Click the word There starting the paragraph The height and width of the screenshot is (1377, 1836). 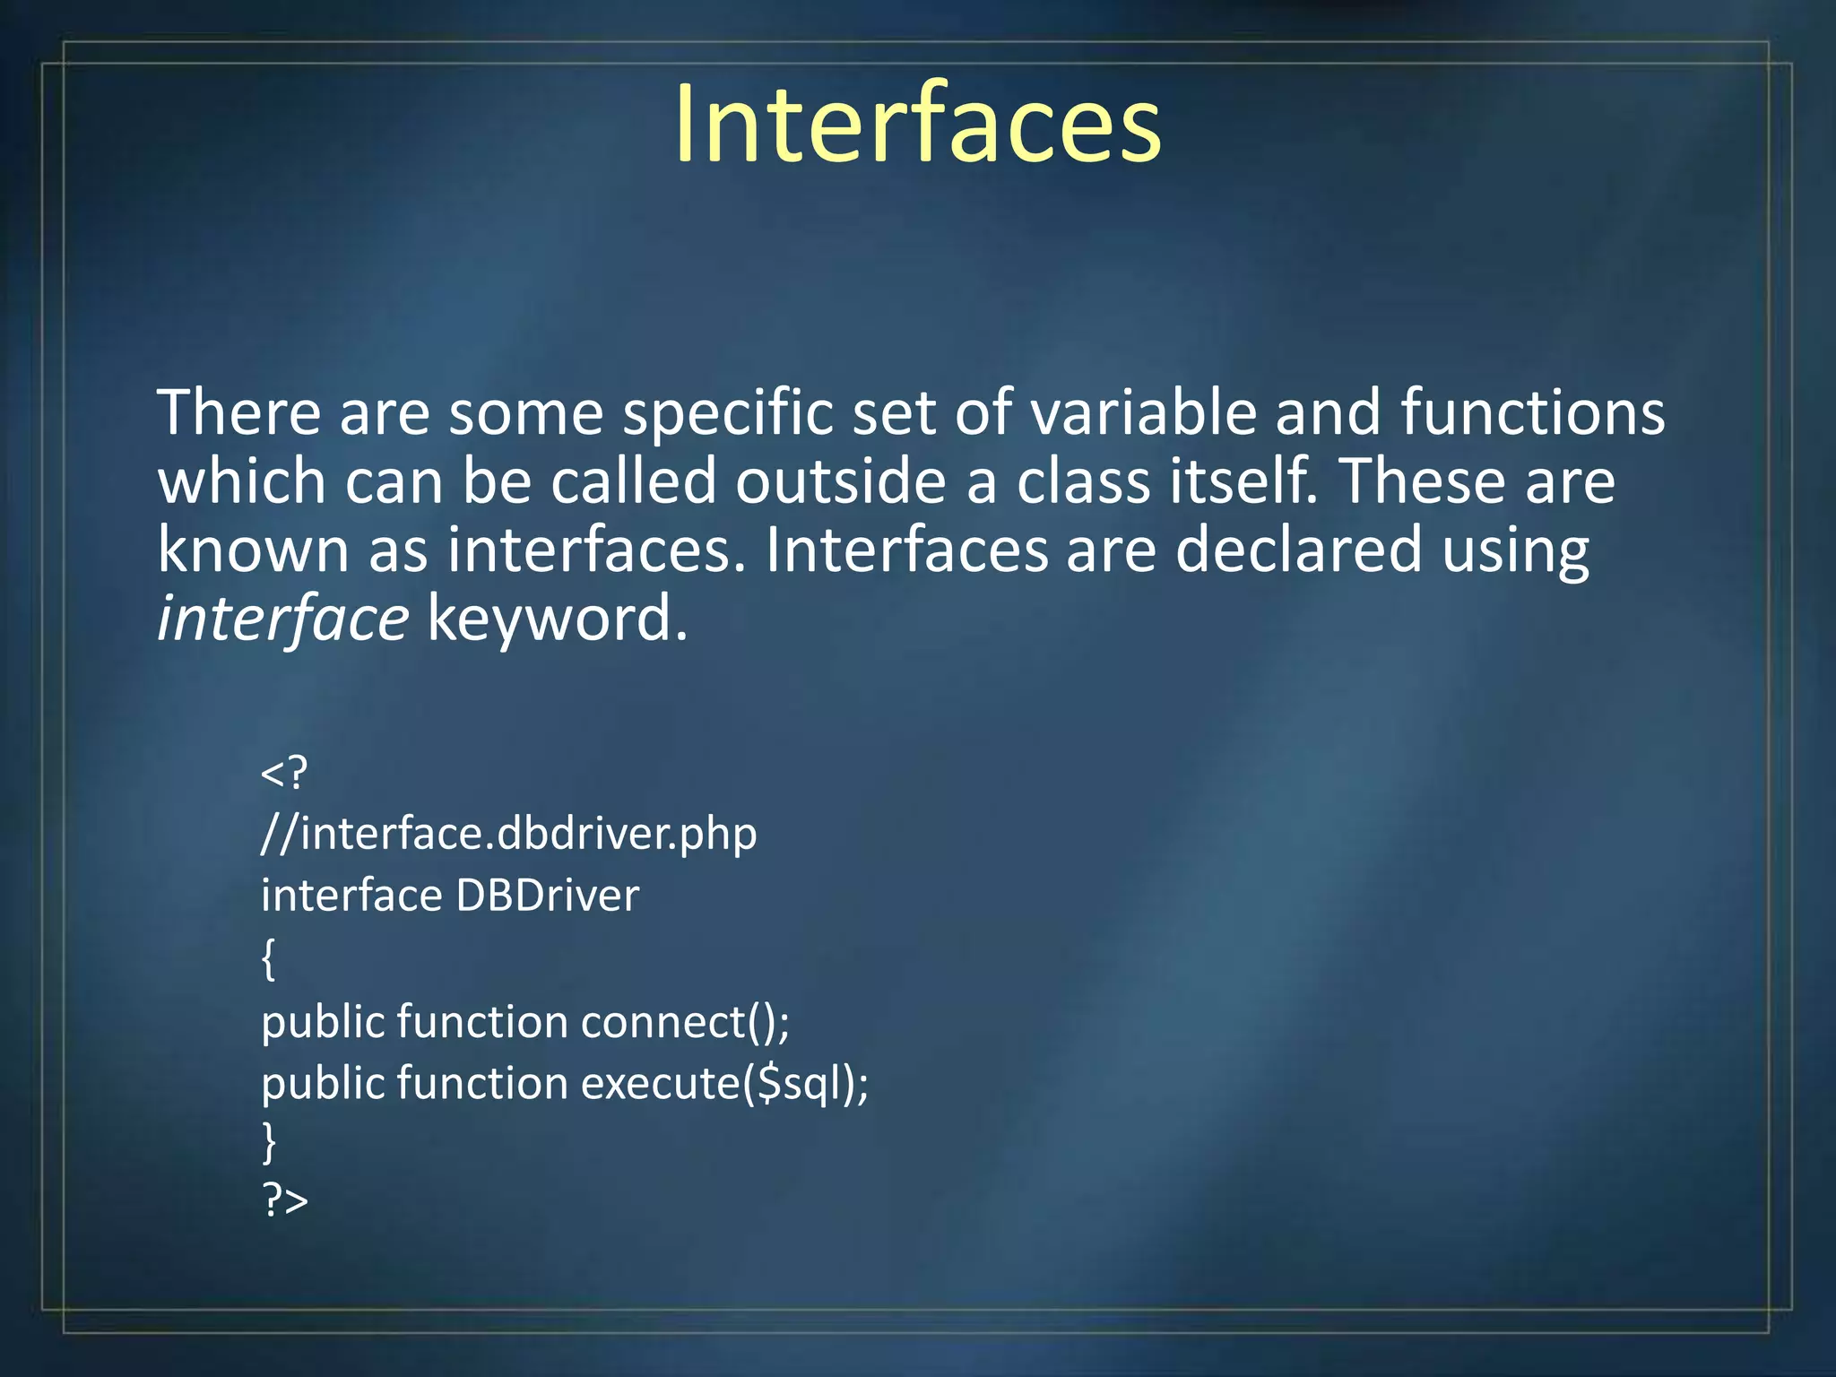coord(238,413)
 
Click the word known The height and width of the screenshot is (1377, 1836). coord(253,550)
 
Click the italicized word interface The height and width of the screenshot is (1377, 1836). coord(282,619)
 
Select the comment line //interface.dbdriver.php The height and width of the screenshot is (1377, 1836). coord(508,835)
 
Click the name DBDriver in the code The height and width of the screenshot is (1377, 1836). coord(548,896)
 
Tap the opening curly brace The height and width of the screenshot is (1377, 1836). coord(268,959)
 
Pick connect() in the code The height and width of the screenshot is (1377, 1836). coord(684,1022)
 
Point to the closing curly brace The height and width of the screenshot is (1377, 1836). coord(268,1142)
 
